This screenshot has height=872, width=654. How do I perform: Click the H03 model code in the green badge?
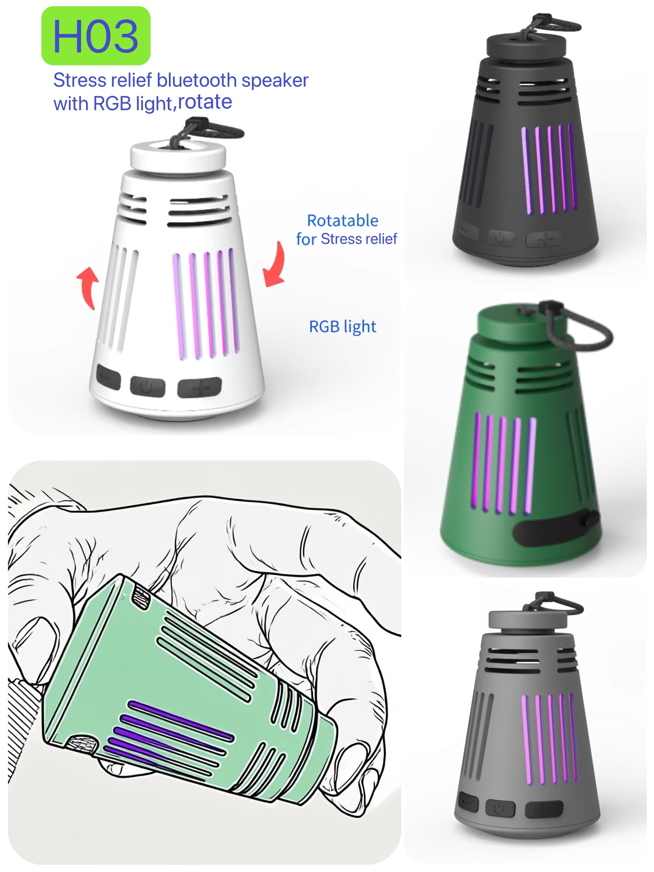(95, 36)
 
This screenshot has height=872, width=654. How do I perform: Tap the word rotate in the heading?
(205, 102)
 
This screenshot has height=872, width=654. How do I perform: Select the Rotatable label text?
(342, 221)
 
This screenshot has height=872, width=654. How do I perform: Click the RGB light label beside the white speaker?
(342, 327)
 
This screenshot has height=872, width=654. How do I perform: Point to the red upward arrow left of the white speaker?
(88, 287)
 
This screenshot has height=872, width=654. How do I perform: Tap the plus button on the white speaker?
(200, 388)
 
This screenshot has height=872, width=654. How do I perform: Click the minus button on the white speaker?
(108, 377)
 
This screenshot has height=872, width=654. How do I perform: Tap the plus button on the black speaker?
(544, 239)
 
